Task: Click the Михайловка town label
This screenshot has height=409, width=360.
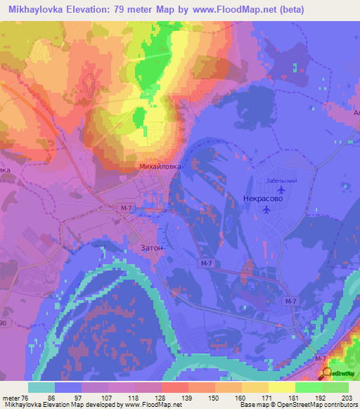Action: tap(161, 167)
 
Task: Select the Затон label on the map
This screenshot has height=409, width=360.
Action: tap(147, 247)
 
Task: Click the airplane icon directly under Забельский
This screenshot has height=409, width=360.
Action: tap(281, 190)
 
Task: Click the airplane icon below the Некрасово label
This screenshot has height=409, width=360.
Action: tap(266, 209)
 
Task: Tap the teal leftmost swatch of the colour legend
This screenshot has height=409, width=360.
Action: tap(41, 387)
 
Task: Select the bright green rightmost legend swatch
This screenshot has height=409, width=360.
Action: tap(335, 387)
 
